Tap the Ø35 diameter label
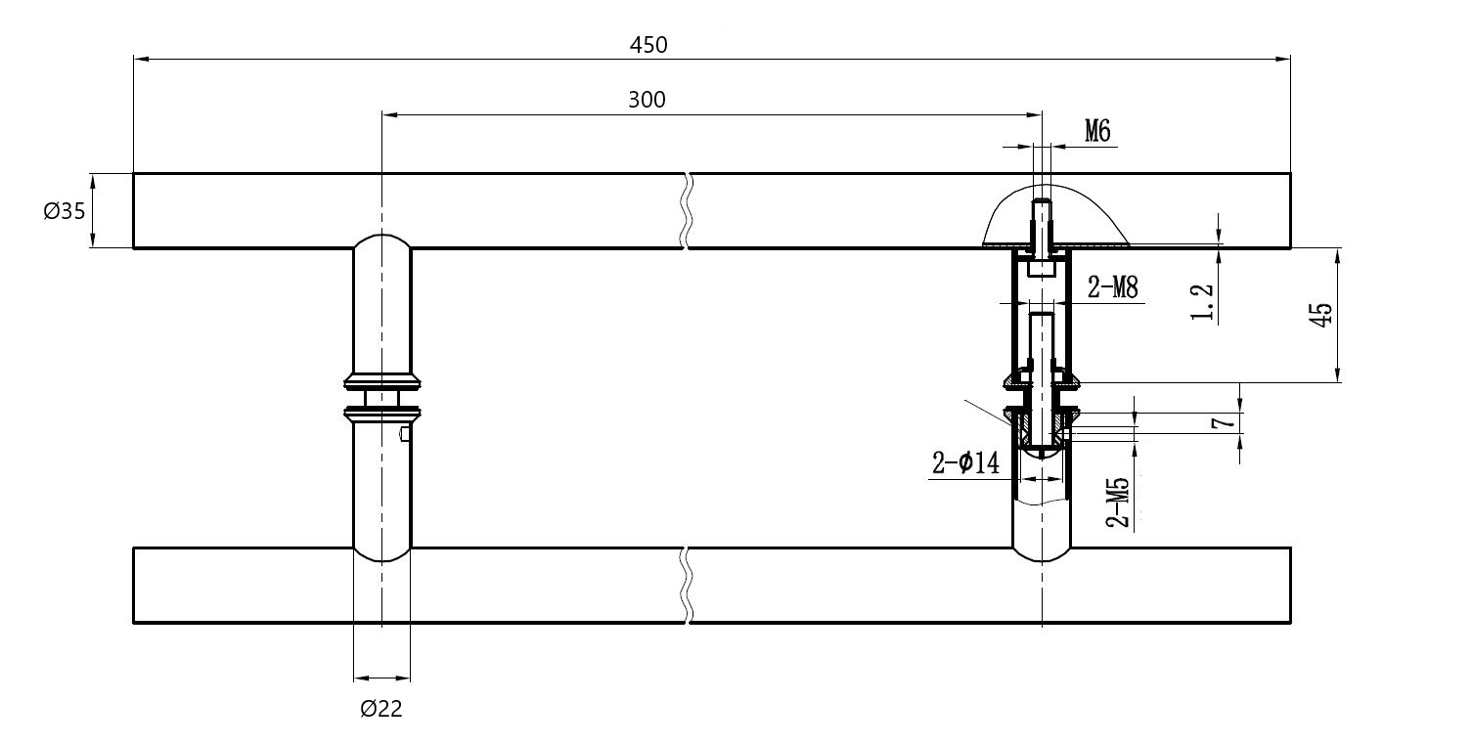point(65,210)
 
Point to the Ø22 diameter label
point(381,710)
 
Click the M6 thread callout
point(1096,131)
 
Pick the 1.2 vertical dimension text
point(1203,302)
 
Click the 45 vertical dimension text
point(1319,314)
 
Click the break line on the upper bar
point(688,210)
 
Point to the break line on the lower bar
point(688,585)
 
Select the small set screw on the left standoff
point(405,434)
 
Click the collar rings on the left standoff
point(381,395)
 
